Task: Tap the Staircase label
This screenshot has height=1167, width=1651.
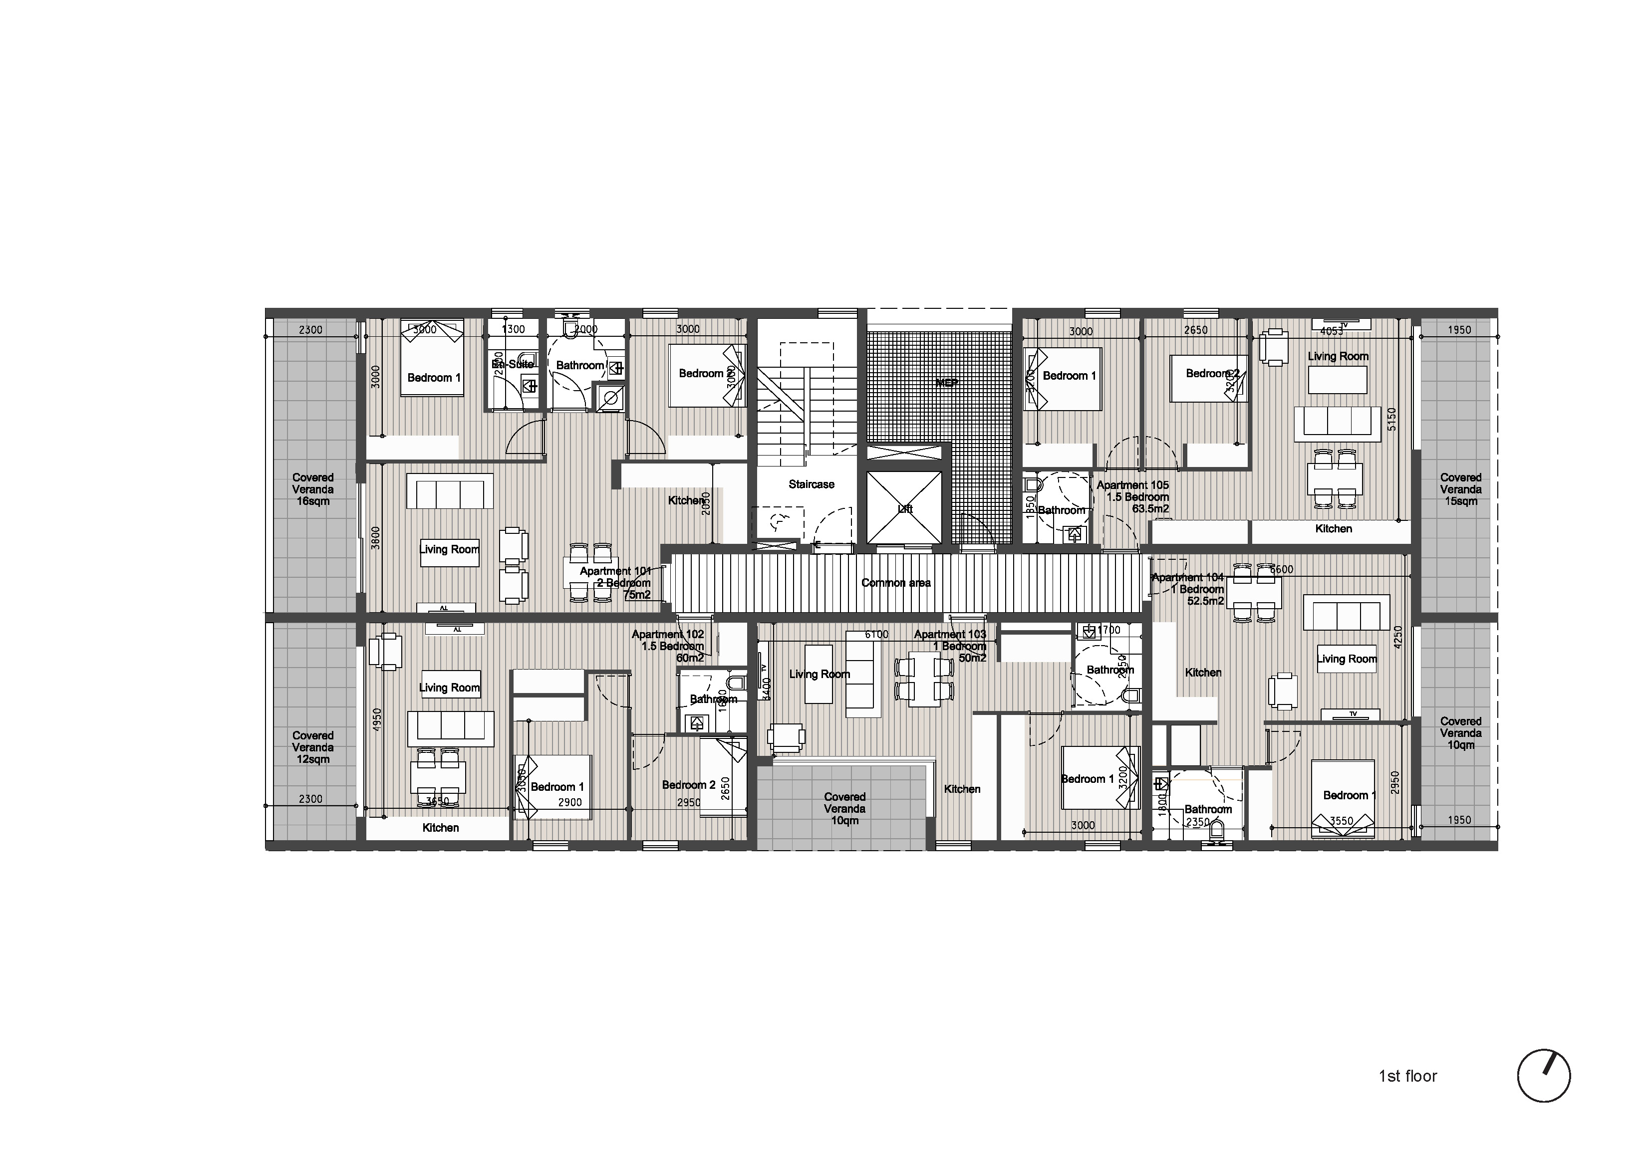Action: point(811,484)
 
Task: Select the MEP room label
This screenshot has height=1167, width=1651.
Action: point(946,383)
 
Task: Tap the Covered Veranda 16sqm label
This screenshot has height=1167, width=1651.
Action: point(313,489)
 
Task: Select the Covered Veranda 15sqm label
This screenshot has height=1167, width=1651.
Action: point(1460,489)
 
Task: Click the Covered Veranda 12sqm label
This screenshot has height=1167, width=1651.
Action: point(313,747)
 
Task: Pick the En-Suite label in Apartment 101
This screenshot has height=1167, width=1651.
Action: point(513,365)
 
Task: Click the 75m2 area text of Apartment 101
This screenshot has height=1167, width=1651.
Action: point(637,595)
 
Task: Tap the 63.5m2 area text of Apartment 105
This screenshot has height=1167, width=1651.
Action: point(1150,509)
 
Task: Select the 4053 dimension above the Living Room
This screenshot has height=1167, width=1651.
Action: point(1332,331)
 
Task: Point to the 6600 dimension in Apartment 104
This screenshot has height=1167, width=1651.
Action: point(1281,569)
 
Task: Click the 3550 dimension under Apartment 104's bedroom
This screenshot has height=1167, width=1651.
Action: point(1341,820)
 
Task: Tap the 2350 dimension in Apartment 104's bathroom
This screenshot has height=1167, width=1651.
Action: point(1198,822)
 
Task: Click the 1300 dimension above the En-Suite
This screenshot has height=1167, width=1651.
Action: point(514,329)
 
